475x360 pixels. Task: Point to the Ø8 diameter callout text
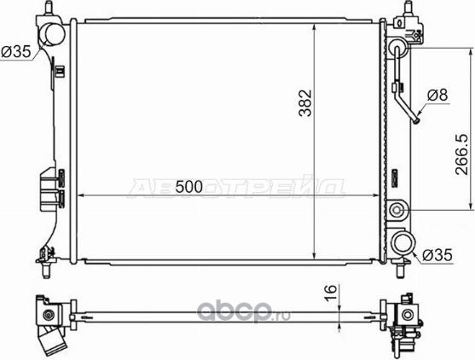pyautogui.click(x=437, y=96)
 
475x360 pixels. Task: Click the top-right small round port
pyautogui.click(x=398, y=49)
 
